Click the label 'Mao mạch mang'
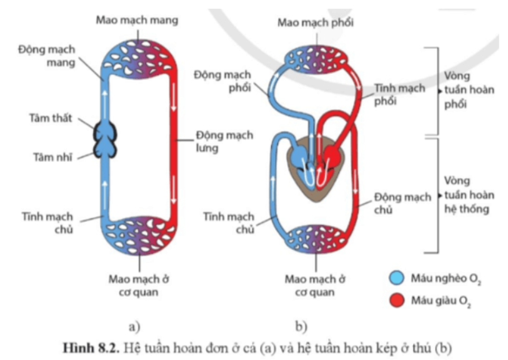[x=137, y=20]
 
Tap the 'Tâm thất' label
[x=51, y=118]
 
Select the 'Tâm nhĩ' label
[x=53, y=157]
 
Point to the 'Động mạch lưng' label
[x=224, y=142]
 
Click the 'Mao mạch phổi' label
[x=315, y=22]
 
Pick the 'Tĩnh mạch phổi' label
[x=399, y=94]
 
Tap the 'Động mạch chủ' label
[x=402, y=203]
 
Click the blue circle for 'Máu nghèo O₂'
[x=397, y=278]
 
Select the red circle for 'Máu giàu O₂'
[x=397, y=300]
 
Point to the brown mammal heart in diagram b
[x=315, y=169]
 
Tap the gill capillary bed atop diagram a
[x=139, y=59]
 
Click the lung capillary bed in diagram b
[x=316, y=59]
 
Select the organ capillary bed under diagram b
[x=316, y=239]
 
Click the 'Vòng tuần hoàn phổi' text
[x=469, y=90]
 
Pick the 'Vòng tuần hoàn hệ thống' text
[x=469, y=195]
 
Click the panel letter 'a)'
[x=134, y=326]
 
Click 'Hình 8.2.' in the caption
[x=91, y=348]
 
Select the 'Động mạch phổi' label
[x=222, y=81]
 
